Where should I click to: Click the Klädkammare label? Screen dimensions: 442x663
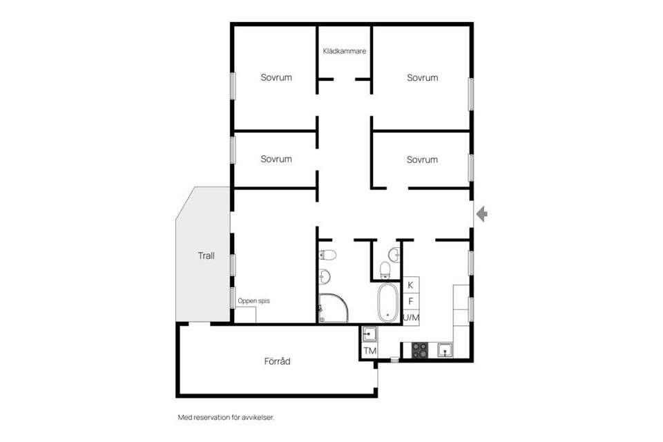[345, 51]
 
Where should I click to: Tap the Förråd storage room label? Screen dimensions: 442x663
[276, 361]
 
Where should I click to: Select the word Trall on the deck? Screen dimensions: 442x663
[206, 256]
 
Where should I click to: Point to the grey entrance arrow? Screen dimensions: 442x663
[481, 215]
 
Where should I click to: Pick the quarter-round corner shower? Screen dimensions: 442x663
[334, 308]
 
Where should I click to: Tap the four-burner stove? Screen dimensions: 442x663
[419, 351]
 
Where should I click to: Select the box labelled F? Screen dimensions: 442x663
[411, 301]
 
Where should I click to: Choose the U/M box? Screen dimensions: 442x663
[411, 317]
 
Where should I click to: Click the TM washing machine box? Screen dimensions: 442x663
[370, 351]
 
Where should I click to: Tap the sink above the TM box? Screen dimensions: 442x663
[369, 334]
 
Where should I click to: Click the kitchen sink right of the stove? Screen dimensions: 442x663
[445, 351]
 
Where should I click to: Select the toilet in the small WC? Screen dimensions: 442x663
[385, 268]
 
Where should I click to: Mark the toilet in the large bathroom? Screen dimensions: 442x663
[328, 255]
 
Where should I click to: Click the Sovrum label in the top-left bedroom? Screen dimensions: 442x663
[276, 77]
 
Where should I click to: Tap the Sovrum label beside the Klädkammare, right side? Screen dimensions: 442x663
[422, 77]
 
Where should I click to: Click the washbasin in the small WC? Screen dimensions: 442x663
[395, 254]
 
